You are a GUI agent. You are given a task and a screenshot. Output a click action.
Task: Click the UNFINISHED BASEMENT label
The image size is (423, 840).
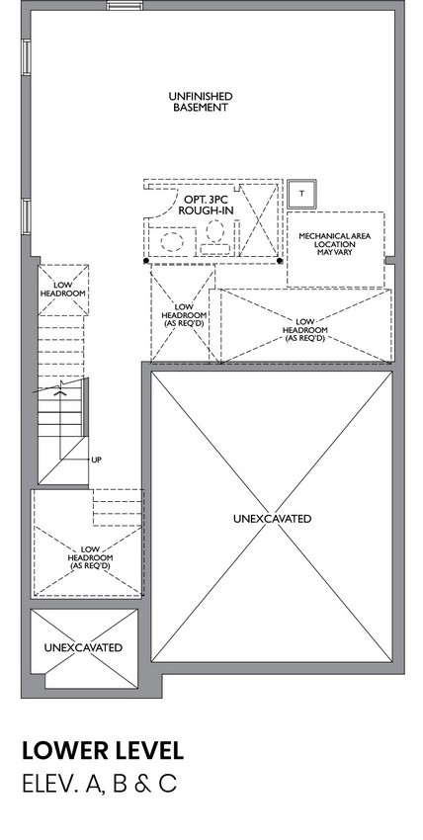[201, 102]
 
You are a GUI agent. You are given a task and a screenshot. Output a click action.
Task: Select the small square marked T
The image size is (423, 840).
[301, 194]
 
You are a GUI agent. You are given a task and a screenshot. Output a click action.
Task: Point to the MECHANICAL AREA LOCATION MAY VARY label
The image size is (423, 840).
[335, 244]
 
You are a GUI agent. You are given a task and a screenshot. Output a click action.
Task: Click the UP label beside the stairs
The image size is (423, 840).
[97, 460]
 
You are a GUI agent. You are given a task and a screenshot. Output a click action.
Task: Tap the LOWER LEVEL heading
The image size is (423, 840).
[103, 750]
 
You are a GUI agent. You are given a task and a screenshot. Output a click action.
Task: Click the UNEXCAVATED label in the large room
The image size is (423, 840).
[272, 519]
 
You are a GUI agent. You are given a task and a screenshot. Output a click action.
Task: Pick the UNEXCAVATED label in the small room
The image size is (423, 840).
[83, 647]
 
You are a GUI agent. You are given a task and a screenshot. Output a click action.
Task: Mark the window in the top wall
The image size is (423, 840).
[125, 5]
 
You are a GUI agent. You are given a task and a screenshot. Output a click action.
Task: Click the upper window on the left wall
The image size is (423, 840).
[26, 56]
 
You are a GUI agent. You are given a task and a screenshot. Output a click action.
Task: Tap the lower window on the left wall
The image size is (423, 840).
[26, 215]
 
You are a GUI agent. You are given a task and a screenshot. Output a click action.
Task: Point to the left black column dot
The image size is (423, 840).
[146, 261]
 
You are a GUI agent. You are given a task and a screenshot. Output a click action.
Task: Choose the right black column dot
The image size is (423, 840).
[280, 261]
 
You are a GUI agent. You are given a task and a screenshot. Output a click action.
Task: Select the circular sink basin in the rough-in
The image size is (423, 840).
[171, 241]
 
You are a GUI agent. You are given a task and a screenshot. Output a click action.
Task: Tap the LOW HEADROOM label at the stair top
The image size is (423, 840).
[63, 290]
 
